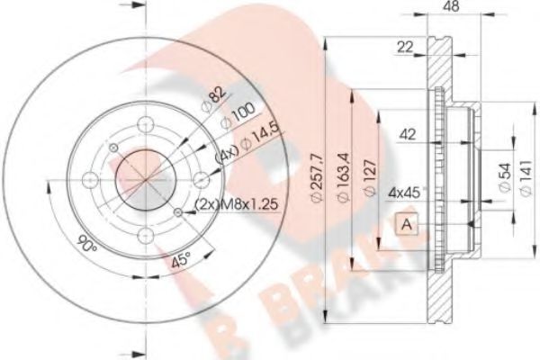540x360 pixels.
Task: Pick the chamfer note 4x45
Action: [x=403, y=191]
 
